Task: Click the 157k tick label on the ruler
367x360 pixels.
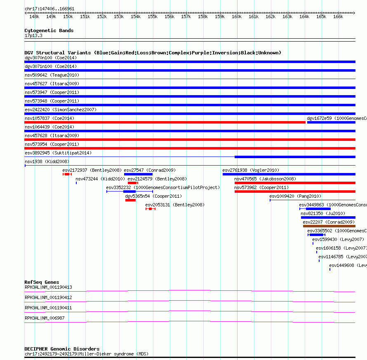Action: point(186,17)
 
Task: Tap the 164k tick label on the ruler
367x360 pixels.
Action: point(304,17)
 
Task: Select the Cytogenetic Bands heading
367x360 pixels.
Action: point(49,30)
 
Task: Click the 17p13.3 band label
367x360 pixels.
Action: point(33,36)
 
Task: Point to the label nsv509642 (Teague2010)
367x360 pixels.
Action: point(52,75)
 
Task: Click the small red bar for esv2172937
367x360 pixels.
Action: point(67,174)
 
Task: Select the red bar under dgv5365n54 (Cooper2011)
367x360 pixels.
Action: point(130,200)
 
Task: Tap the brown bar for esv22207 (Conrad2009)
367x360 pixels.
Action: point(329,226)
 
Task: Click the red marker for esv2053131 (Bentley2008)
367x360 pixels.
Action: point(151,209)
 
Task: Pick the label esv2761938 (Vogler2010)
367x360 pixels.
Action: point(250,170)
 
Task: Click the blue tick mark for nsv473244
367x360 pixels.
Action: point(76,183)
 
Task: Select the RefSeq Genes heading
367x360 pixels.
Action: point(42,282)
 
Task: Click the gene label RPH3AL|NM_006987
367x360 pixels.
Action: point(45,318)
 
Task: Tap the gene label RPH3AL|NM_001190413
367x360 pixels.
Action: point(48,287)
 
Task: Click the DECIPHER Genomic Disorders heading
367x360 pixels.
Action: point(62,349)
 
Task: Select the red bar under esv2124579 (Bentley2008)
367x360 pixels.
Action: point(132,183)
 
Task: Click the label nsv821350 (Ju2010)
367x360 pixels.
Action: point(320,213)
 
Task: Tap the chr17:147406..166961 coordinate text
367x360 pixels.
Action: point(49,8)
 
